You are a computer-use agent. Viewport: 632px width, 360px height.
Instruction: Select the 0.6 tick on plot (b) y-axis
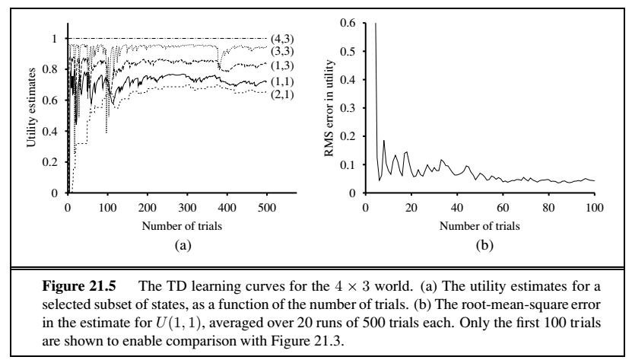pos(348,23)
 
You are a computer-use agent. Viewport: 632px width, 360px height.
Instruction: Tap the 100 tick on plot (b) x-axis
pos(594,206)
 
